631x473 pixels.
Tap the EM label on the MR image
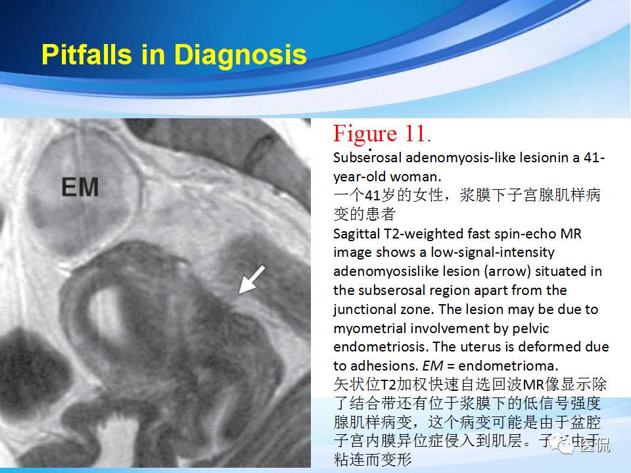point(80,189)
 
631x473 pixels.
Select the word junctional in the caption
point(365,309)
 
